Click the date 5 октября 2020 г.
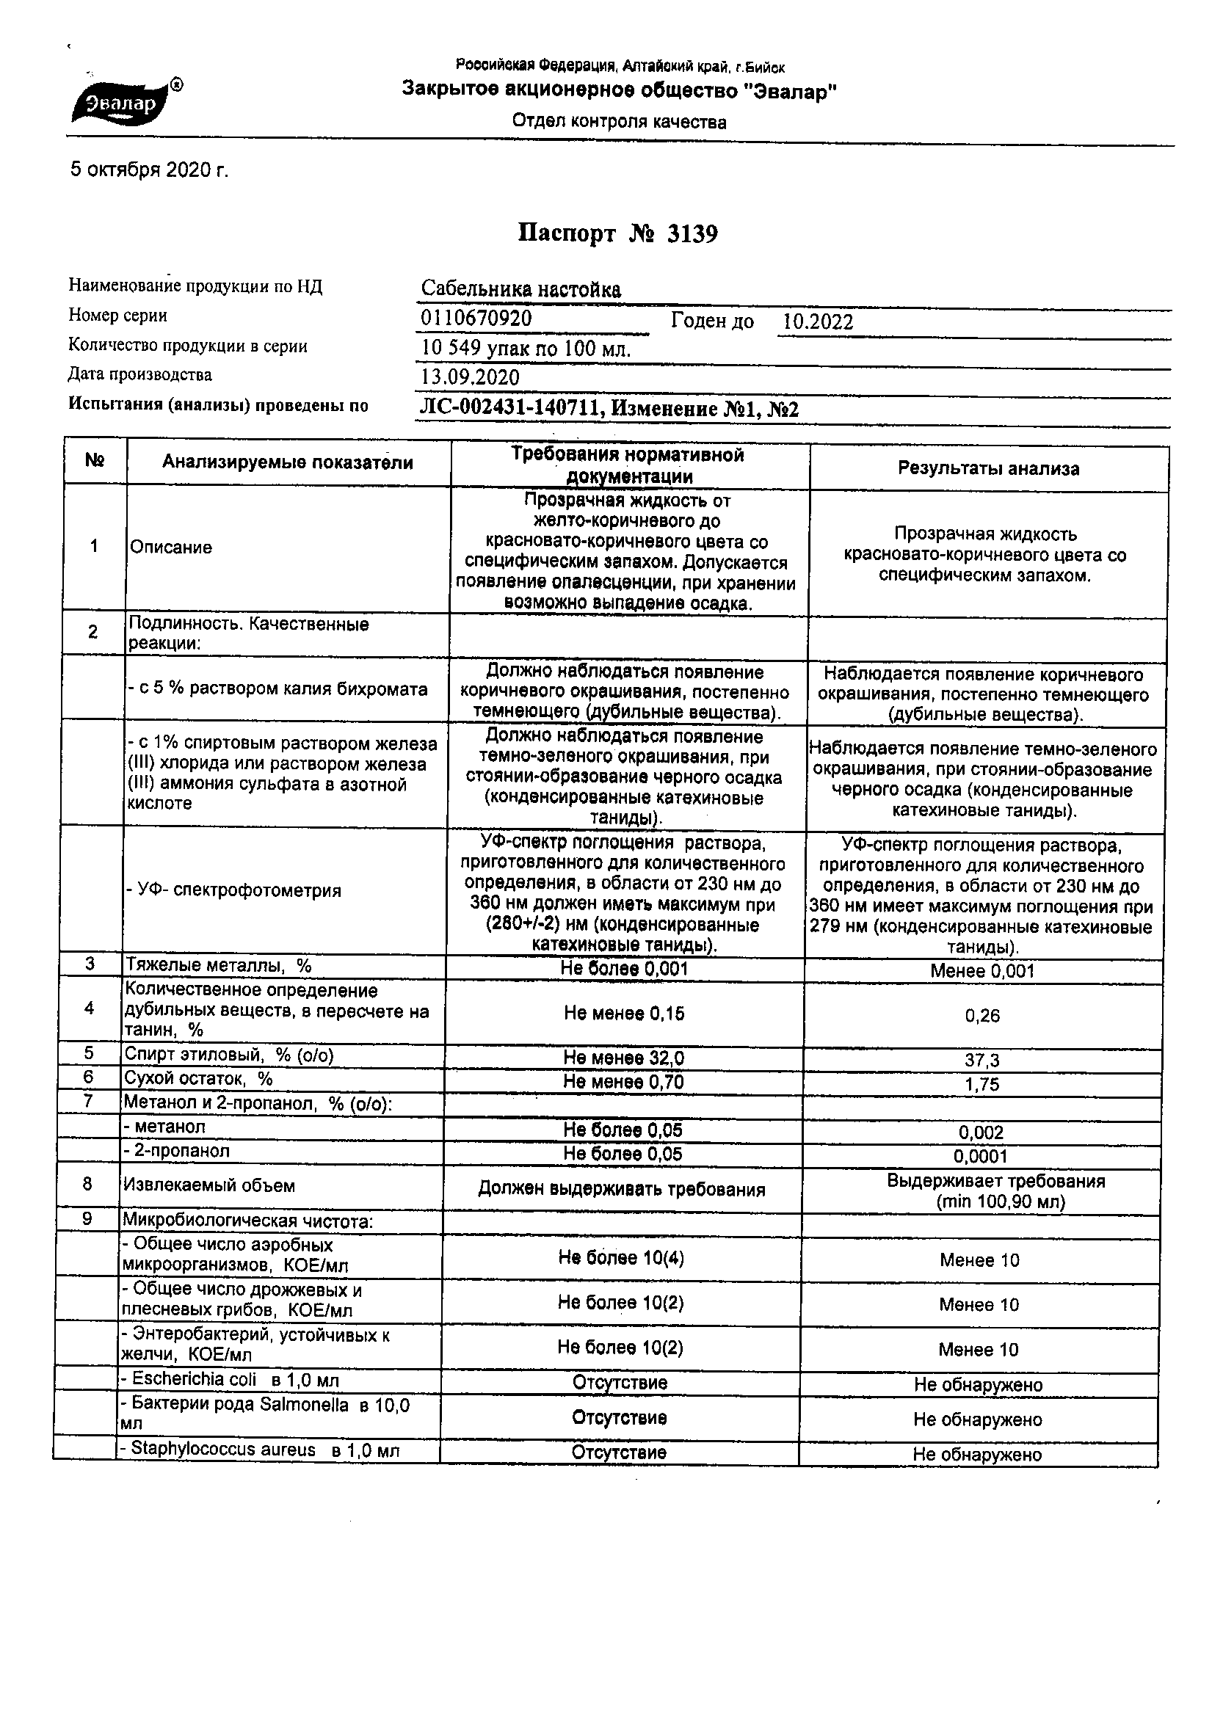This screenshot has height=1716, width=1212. (x=149, y=170)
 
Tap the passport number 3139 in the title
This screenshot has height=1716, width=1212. (x=692, y=234)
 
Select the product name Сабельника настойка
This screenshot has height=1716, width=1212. (x=520, y=289)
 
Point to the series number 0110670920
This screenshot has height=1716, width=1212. (x=476, y=319)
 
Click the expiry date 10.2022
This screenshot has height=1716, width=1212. (x=817, y=322)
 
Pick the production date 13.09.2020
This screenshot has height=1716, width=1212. (x=471, y=377)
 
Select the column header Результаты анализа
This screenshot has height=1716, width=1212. (x=987, y=468)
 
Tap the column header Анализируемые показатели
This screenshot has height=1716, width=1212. (x=288, y=462)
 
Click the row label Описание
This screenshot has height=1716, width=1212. (x=171, y=547)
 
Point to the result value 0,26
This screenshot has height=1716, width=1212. (x=981, y=1016)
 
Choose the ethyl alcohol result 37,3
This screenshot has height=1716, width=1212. (x=981, y=1060)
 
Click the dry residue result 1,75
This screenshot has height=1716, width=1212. (x=981, y=1085)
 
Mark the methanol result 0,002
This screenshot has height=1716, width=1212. (x=981, y=1133)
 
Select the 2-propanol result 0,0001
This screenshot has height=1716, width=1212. (x=980, y=1156)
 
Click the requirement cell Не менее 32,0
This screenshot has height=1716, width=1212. (x=623, y=1058)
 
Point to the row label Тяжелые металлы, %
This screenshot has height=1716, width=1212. (x=218, y=966)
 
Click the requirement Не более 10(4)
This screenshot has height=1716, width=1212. (x=620, y=1257)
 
